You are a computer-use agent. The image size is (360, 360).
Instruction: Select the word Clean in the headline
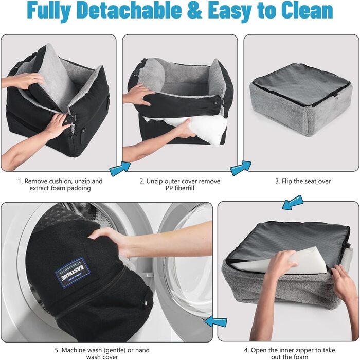[307, 10]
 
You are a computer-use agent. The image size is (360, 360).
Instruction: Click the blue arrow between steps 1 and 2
[120, 169]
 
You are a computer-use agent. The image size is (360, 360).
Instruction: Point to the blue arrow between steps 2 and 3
[240, 168]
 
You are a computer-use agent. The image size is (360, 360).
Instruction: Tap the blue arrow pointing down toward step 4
[293, 203]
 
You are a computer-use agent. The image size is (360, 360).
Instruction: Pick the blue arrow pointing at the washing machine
[215, 321]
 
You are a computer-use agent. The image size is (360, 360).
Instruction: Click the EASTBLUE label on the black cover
[73, 272]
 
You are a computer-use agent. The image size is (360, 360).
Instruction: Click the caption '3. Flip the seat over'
[303, 181]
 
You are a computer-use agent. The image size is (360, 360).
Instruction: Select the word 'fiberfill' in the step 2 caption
[185, 188]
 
